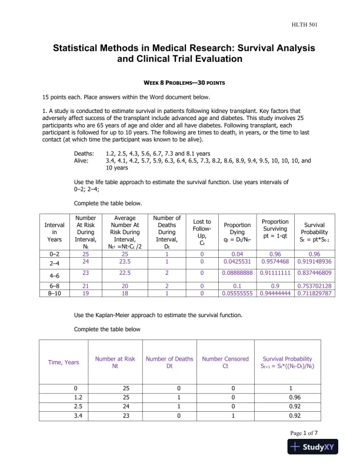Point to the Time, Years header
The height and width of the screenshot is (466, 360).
63,362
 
